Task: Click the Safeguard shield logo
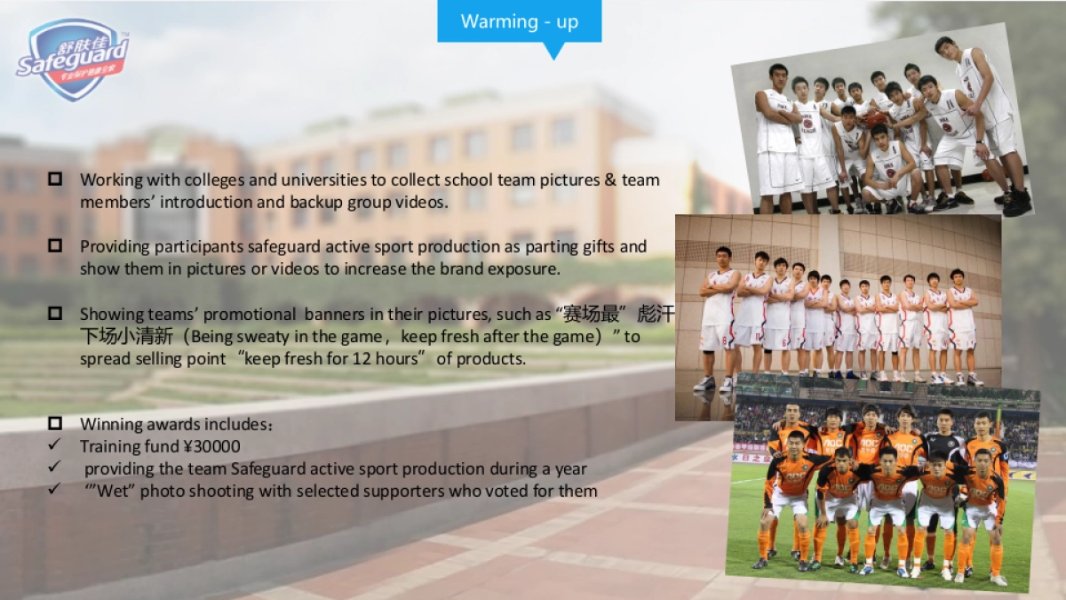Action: pos(73,59)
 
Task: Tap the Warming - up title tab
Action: pos(519,21)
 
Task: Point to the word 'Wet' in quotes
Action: pos(114,491)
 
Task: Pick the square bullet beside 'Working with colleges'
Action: pos(55,180)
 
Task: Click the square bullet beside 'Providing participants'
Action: pos(55,246)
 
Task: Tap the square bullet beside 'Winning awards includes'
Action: pos(55,424)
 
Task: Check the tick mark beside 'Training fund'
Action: pos(54,445)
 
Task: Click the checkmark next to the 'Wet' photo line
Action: pos(54,490)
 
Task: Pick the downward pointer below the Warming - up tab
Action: pos(553,51)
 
